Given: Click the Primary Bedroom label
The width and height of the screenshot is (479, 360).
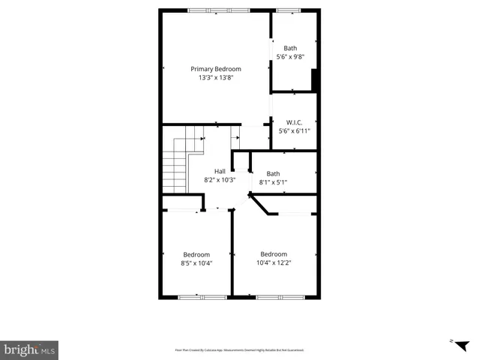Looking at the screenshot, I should (215, 69).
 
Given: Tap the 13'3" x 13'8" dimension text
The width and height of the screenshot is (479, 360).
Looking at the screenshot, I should (215, 78).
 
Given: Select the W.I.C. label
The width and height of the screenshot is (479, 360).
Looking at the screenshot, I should (294, 122).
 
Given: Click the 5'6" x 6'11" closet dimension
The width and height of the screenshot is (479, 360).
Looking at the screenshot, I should (294, 131).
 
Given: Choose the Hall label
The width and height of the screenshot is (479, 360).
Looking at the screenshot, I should (220, 171).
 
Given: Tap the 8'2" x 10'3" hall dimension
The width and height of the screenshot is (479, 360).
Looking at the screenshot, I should (220, 180).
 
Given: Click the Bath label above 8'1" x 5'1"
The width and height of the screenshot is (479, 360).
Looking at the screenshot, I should (273, 174).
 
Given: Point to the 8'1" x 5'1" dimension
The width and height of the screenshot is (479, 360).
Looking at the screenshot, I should (273, 182).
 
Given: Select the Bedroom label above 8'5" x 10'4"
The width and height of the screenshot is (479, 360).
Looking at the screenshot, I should (196, 254).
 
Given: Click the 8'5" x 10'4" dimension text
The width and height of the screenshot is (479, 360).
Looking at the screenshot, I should (196, 263).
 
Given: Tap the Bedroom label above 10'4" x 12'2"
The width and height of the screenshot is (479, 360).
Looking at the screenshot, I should (274, 253).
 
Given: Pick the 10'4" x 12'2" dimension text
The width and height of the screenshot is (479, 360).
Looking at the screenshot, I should (274, 262).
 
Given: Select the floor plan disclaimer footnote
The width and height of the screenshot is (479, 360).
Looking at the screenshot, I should (239, 349).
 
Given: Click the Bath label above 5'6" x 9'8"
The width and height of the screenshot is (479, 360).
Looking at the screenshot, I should (290, 48).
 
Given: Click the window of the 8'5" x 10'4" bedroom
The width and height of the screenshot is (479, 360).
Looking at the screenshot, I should (202, 298).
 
